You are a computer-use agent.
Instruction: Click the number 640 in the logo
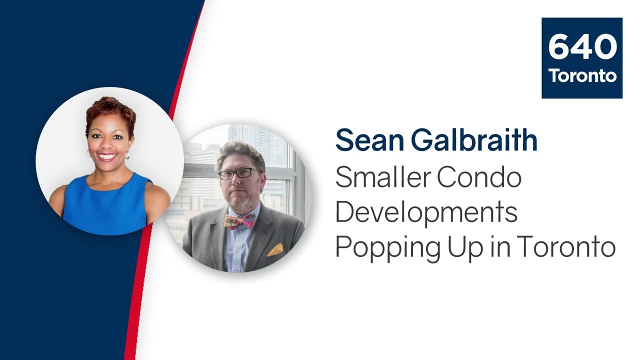point(582,46)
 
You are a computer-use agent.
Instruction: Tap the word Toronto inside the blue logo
point(582,75)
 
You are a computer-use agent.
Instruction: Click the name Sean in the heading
point(369,140)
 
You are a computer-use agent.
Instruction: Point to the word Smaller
point(383,177)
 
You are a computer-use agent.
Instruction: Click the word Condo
point(479,177)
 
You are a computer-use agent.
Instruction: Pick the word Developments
point(426,213)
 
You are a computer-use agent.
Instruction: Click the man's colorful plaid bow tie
point(239,221)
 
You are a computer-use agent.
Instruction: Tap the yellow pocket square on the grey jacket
point(275,250)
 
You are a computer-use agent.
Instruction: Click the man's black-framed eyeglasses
point(239,173)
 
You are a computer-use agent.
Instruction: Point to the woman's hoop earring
point(127,155)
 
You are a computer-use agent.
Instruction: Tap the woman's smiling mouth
point(106,156)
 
